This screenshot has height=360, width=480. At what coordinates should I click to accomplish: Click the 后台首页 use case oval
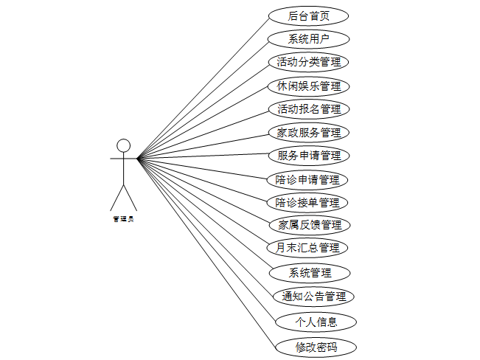coord(308,15)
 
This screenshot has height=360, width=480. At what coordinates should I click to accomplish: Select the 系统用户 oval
coord(308,39)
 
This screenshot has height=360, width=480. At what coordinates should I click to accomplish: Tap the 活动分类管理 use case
coord(308,62)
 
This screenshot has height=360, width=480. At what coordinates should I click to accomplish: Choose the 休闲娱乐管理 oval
coord(308,86)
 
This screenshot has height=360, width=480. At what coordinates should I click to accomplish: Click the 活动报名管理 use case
coord(308,109)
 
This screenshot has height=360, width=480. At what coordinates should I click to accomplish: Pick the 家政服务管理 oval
coord(308,133)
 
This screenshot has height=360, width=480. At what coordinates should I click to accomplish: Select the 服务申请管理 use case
coord(308,156)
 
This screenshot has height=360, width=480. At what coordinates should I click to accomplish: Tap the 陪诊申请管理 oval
coord(308,179)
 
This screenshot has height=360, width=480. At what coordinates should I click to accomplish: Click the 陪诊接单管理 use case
coord(308,202)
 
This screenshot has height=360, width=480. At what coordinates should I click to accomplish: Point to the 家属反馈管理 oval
coord(308,224)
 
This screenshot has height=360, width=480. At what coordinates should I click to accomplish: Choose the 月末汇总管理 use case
coord(308,248)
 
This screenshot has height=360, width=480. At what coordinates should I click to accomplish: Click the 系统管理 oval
coord(310,272)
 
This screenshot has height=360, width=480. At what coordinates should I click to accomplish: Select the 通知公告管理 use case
coord(314,297)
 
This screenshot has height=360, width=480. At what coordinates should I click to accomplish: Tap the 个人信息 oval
coord(316,322)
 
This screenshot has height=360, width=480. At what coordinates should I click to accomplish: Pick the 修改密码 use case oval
coord(316,347)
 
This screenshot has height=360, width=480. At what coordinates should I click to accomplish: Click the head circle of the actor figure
coord(124,145)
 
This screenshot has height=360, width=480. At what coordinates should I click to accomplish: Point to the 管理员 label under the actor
coord(123,218)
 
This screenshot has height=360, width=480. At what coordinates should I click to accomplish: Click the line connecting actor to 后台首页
coord(203,85)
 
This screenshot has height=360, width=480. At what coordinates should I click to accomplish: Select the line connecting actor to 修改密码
coord(206,251)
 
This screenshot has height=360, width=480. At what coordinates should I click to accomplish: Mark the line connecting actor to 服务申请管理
coord(203,156)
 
